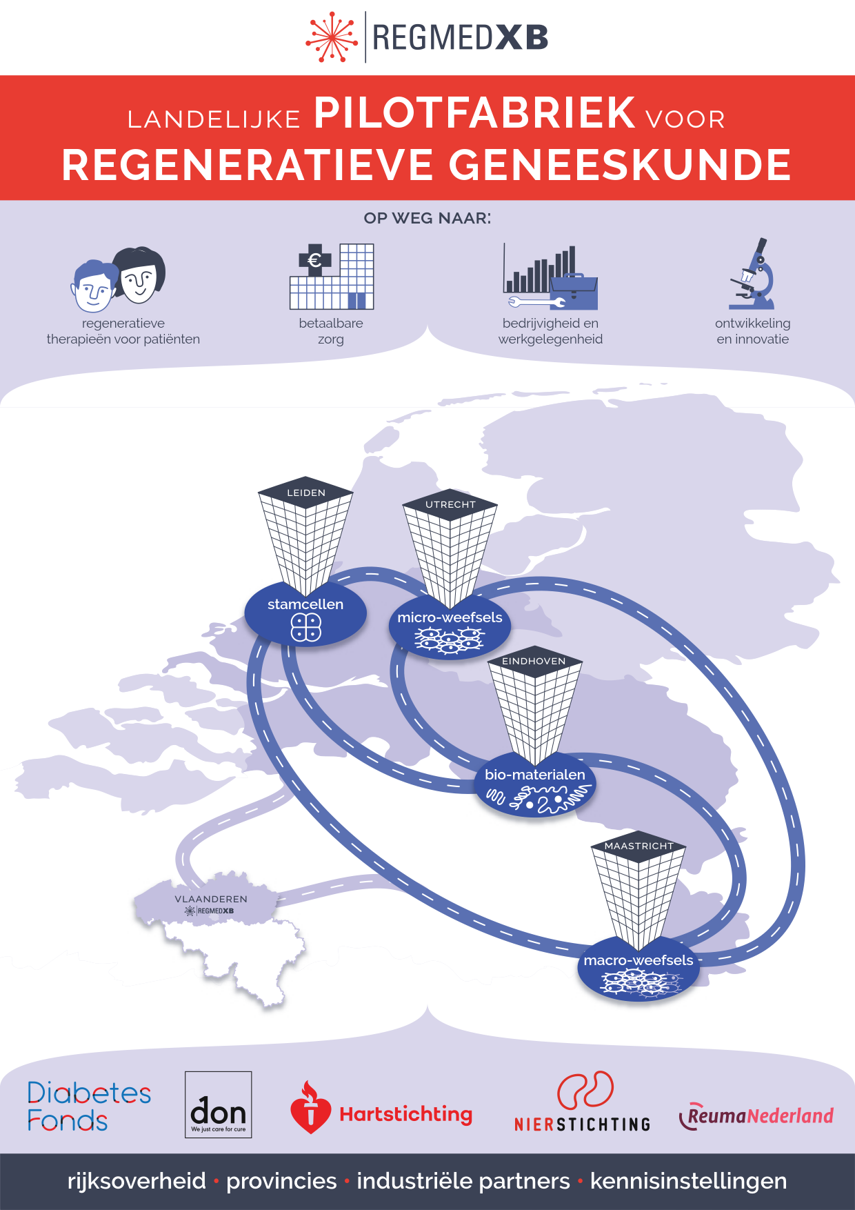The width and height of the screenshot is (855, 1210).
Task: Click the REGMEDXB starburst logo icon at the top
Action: [332, 37]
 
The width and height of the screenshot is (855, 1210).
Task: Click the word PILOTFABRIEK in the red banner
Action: [474, 113]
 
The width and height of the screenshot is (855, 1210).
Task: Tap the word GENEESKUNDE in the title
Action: [620, 166]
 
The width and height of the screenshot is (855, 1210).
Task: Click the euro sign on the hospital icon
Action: [314, 260]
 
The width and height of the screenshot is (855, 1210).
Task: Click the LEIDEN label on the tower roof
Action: [306, 493]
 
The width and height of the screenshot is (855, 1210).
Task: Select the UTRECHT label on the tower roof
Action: [450, 504]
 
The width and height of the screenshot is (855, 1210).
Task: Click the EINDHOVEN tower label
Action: [534, 661]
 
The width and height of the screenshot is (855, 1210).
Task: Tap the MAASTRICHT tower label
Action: [638, 846]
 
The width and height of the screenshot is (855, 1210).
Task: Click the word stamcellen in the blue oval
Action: [305, 604]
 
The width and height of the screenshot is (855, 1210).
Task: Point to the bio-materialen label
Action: [535, 775]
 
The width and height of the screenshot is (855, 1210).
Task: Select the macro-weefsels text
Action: [638, 960]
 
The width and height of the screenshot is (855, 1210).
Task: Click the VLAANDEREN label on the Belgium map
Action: [211, 899]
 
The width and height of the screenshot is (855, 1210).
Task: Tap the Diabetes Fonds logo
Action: [88, 1107]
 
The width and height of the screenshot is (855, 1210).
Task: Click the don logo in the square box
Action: [219, 1104]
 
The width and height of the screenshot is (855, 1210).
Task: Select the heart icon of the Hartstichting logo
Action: [310, 1109]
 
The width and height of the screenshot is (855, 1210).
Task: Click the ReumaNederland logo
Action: [757, 1115]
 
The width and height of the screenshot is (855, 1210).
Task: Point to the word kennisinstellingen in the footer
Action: [688, 1181]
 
